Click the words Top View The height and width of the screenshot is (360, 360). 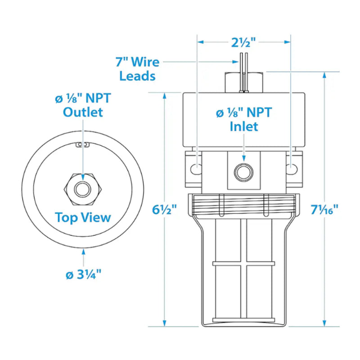pyautogui.click(x=83, y=217)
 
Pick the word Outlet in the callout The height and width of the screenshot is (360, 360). pyautogui.click(x=83, y=112)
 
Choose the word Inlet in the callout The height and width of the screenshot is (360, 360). pyautogui.click(x=244, y=126)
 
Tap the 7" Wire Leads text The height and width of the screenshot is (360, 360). pyautogui.click(x=137, y=68)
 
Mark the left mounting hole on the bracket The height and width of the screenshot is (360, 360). pyautogui.click(x=196, y=168)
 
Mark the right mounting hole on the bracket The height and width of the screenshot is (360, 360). pyautogui.click(x=292, y=168)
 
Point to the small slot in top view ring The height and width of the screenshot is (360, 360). pyautogui.click(x=82, y=145)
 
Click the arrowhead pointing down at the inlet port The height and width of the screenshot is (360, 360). pyautogui.click(x=243, y=158)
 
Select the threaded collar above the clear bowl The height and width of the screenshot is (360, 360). pyautogui.click(x=243, y=205)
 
